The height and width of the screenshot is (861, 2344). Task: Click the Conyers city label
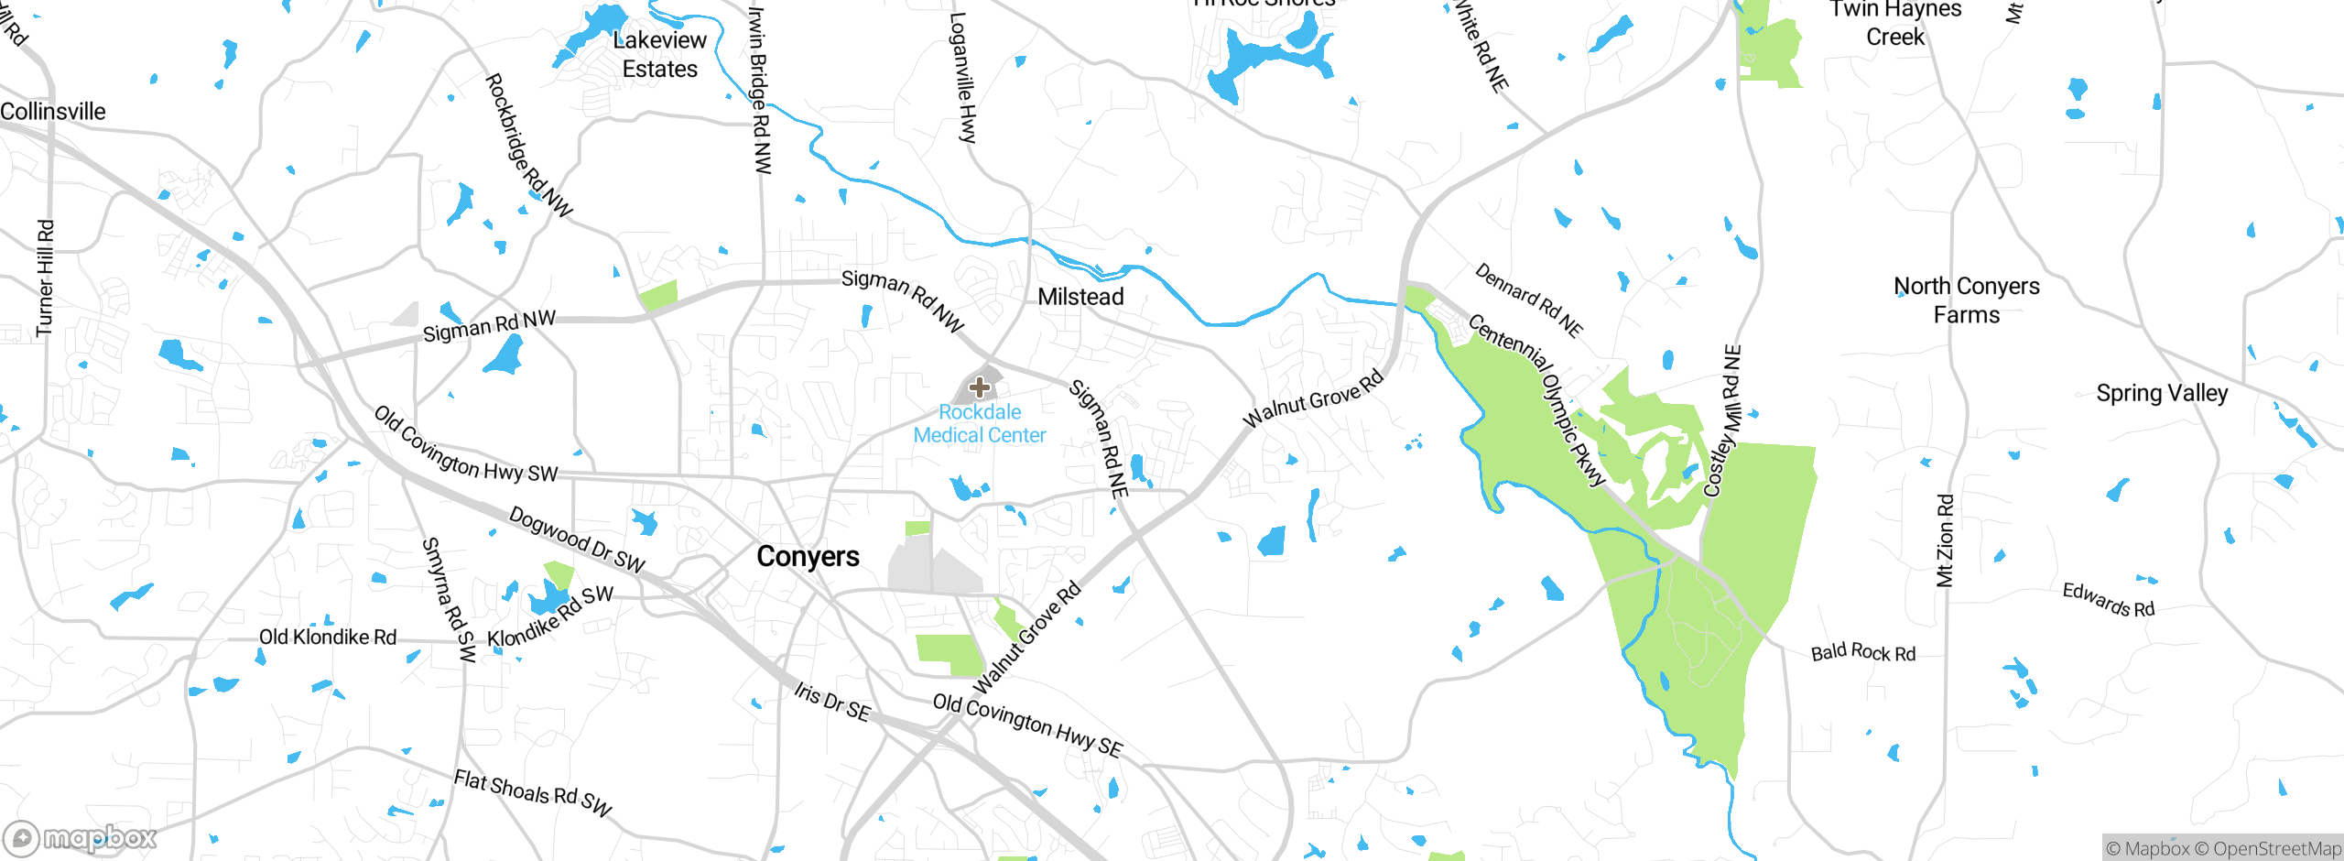[x=808, y=556]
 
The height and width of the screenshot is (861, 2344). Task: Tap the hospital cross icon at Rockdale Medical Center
[x=979, y=387]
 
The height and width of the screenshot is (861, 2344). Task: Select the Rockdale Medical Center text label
[x=979, y=424]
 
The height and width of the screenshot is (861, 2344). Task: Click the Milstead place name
[x=1080, y=297]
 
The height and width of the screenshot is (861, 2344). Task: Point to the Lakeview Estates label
[x=659, y=54]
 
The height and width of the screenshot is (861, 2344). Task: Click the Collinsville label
[x=53, y=112]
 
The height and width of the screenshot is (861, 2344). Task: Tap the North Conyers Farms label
[x=1966, y=300]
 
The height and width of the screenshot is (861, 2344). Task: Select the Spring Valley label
[x=2162, y=393]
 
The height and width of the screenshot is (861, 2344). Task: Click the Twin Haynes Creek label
[x=1895, y=23]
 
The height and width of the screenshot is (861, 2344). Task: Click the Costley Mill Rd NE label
[x=1722, y=421]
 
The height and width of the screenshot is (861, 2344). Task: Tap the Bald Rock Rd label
[x=1862, y=652]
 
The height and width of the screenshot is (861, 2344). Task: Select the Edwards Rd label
[x=2108, y=600]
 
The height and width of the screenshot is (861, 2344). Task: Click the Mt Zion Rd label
[x=1946, y=540]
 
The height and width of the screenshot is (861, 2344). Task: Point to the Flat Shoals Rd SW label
[x=532, y=791]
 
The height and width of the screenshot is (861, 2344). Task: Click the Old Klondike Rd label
[x=328, y=637]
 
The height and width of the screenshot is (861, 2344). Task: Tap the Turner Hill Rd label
[x=45, y=278]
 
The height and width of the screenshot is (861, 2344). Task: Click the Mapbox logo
[x=81, y=837]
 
